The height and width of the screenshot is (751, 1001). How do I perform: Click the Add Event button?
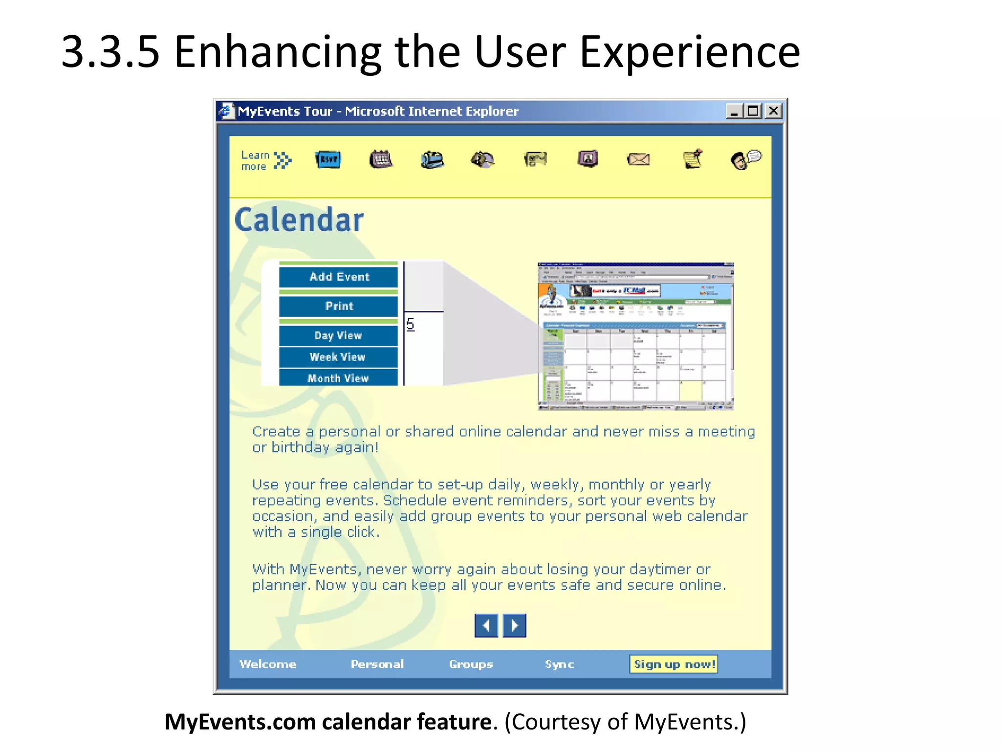[339, 277]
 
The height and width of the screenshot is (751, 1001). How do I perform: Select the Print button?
[339, 306]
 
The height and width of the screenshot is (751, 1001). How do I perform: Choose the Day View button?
[338, 335]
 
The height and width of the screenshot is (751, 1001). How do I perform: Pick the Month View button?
[338, 378]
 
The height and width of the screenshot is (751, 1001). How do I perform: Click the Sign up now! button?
[674, 664]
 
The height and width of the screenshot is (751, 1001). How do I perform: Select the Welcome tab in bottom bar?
[268, 664]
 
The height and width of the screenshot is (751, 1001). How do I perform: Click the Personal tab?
[377, 664]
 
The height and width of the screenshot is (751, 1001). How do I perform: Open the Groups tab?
[471, 664]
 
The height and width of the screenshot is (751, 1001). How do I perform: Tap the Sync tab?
[559, 664]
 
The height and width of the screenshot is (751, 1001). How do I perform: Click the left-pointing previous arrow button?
[486, 625]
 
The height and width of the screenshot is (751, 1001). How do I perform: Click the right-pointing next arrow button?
[514, 625]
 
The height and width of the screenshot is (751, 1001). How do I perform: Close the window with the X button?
[773, 111]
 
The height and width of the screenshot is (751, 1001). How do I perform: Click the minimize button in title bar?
[734, 111]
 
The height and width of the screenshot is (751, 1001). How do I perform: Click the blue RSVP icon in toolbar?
[328, 159]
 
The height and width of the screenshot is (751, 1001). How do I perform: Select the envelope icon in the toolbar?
[638, 159]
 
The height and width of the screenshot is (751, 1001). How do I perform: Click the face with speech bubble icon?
[745, 159]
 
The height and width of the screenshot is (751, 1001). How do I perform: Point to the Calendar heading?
[299, 220]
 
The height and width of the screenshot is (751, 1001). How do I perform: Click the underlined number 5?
[410, 324]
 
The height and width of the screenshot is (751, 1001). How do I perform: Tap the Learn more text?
[256, 161]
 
